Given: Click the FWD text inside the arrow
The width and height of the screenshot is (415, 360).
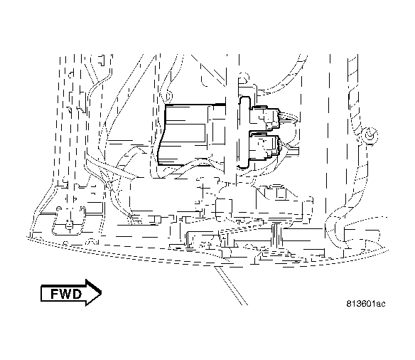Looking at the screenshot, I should pos(65,293).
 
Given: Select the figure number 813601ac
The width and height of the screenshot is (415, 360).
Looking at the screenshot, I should pos(366,305).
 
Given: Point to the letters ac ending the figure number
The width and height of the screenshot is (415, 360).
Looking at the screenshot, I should pos(381,305).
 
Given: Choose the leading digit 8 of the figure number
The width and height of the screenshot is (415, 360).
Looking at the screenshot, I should pos(350,305).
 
